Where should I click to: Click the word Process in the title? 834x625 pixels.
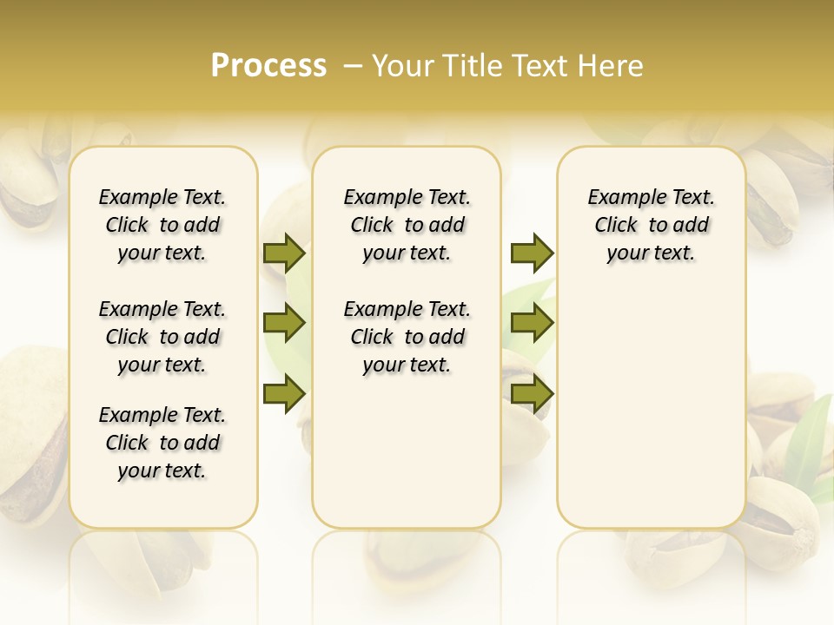pyautogui.click(x=268, y=66)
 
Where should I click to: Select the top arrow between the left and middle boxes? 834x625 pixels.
pyautogui.click(x=284, y=253)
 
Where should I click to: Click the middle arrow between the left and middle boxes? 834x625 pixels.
pyautogui.click(x=284, y=324)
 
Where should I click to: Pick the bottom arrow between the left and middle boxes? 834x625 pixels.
pyautogui.click(x=284, y=393)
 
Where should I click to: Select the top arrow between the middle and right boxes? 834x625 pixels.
pyautogui.click(x=532, y=253)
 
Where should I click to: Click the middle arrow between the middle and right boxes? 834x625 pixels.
pyautogui.click(x=532, y=324)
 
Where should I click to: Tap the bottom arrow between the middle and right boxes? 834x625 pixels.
pyautogui.click(x=532, y=393)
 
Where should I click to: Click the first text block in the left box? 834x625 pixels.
pyautogui.click(x=162, y=225)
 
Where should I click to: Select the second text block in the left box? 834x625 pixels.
pyautogui.click(x=162, y=337)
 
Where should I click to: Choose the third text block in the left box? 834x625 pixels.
pyautogui.click(x=162, y=443)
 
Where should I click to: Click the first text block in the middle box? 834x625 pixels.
pyautogui.click(x=407, y=225)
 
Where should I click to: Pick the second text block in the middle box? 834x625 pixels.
pyautogui.click(x=407, y=337)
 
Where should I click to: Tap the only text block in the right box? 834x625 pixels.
pyautogui.click(x=651, y=225)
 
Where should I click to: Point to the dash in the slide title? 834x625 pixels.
pyautogui.click(x=353, y=66)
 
